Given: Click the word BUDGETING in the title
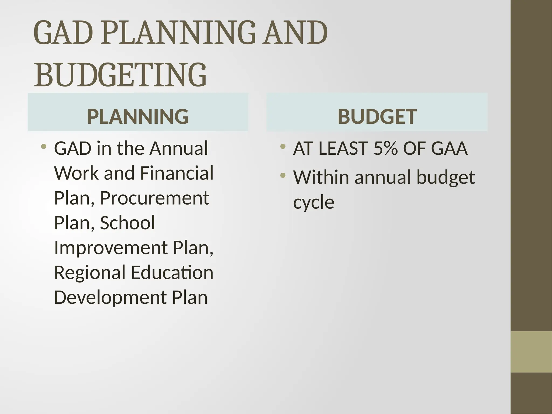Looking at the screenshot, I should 120,75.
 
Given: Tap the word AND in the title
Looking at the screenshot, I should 296,33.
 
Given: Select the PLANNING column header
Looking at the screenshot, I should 138,116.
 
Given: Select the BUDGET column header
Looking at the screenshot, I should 377,116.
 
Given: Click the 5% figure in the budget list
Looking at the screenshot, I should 385,149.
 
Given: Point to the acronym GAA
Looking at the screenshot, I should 449,149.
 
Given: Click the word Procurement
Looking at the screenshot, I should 154,198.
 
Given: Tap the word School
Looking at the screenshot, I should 127,223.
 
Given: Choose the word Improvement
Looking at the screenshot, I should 111,248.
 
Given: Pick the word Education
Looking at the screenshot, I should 172,272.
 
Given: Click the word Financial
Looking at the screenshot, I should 177,173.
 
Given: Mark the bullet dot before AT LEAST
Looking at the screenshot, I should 282,147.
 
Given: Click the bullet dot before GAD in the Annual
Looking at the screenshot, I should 44,147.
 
